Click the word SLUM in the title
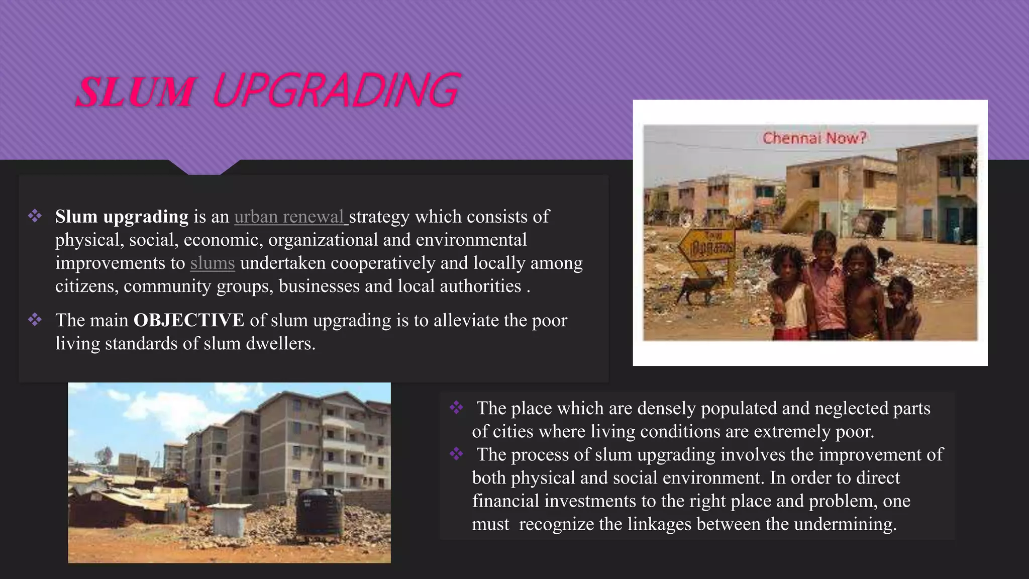[x=135, y=92]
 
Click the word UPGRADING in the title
[x=336, y=90]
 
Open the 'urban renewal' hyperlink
[x=289, y=217]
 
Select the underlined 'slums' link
[x=213, y=263]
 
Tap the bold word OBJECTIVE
[x=189, y=320]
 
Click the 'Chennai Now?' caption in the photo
[x=814, y=138]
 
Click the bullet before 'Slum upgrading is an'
[x=35, y=216]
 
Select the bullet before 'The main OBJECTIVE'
[x=35, y=320]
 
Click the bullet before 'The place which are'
[x=456, y=408]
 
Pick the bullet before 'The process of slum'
[x=456, y=454]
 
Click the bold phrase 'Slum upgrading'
[x=122, y=217]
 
